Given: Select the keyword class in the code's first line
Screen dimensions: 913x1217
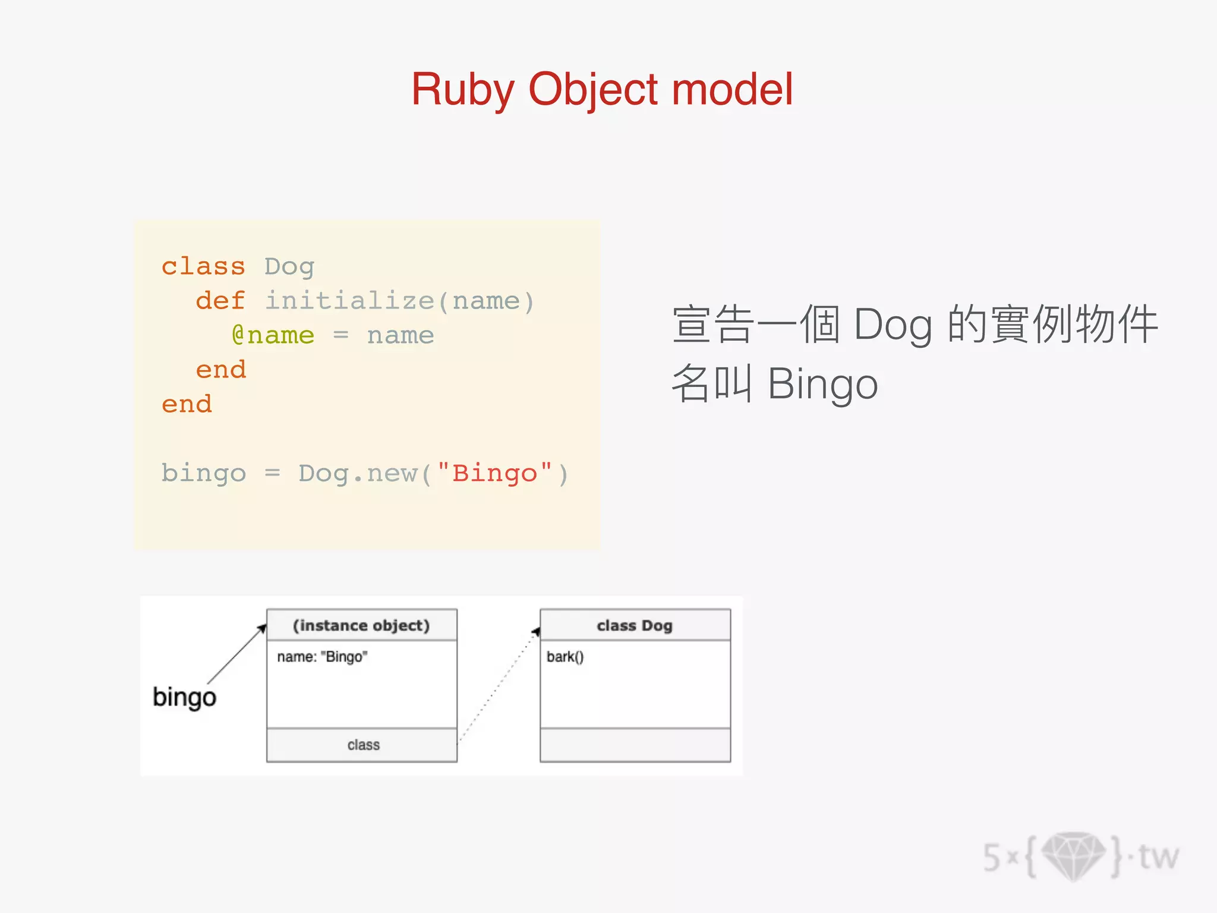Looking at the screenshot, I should pyautogui.click(x=203, y=266).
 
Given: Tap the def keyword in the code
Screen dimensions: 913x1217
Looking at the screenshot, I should pyautogui.click(x=220, y=301).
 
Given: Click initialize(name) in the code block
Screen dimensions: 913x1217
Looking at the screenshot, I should pyautogui.click(x=399, y=301).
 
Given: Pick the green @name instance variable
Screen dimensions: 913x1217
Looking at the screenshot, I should pyautogui.click(x=273, y=335).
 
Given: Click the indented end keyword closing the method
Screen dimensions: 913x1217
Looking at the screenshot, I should pyautogui.click(x=220, y=370).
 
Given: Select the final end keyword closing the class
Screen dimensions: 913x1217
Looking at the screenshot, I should pyautogui.click(x=187, y=404).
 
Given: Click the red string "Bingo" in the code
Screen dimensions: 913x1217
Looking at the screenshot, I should pyautogui.click(x=494, y=474).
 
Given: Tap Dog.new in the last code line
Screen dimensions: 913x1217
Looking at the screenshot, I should pyautogui.click(x=358, y=474).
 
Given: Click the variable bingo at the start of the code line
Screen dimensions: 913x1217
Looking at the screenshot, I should pyautogui.click(x=203, y=474).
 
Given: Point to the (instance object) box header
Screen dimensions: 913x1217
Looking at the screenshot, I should pyautogui.click(x=361, y=625).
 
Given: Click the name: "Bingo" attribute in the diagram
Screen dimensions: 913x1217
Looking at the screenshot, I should pyautogui.click(x=322, y=657).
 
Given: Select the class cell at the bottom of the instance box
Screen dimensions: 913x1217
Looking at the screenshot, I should pyautogui.click(x=362, y=745).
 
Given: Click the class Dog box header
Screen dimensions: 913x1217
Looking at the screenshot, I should pyautogui.click(x=635, y=625).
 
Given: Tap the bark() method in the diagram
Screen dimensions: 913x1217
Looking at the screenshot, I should pyautogui.click(x=565, y=657).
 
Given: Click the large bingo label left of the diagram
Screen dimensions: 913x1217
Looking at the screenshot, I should pyautogui.click(x=184, y=697).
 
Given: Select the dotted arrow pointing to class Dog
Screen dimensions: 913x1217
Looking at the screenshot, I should pyautogui.click(x=498, y=687).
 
